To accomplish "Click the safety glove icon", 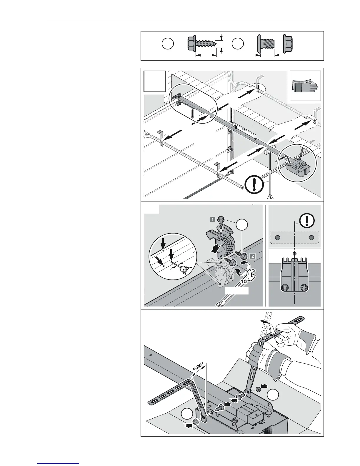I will click(x=305, y=85).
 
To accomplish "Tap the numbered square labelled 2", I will click(x=252, y=256).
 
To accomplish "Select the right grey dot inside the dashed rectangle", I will click(x=311, y=237).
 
